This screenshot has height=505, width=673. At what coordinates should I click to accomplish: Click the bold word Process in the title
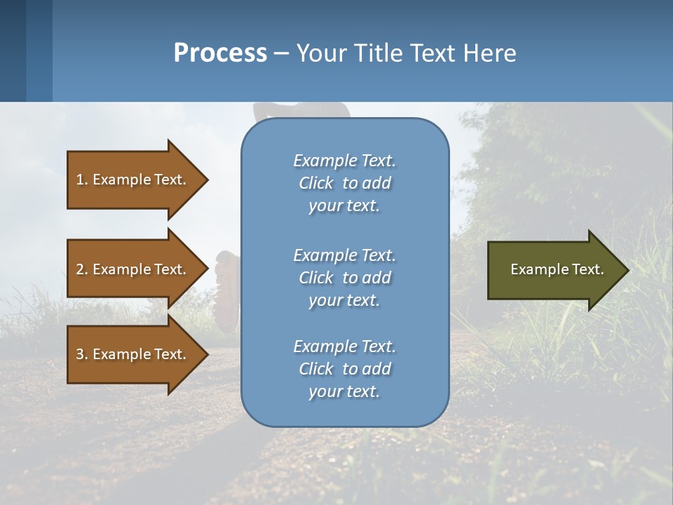point(220,53)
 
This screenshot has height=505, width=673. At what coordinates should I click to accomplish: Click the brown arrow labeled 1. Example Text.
point(133,180)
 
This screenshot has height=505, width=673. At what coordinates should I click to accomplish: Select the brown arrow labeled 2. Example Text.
point(133,269)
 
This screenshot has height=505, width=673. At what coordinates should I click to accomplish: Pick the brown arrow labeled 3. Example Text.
point(133,354)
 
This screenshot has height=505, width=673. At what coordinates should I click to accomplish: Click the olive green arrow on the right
point(554,269)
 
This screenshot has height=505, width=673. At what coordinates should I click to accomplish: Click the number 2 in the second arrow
point(80,269)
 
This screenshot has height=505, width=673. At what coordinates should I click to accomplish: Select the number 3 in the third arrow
point(80,354)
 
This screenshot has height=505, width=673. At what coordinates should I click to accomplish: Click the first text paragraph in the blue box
point(344,183)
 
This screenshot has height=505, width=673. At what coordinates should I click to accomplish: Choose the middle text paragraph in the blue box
point(344,278)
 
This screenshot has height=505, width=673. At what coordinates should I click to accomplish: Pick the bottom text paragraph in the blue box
point(344,369)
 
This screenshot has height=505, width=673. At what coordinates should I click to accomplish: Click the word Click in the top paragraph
point(316,183)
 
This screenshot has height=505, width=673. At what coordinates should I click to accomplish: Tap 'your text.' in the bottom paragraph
point(344,391)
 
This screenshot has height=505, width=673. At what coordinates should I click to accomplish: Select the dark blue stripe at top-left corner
point(13,50)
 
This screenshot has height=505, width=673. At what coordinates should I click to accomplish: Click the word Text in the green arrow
point(589,269)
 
